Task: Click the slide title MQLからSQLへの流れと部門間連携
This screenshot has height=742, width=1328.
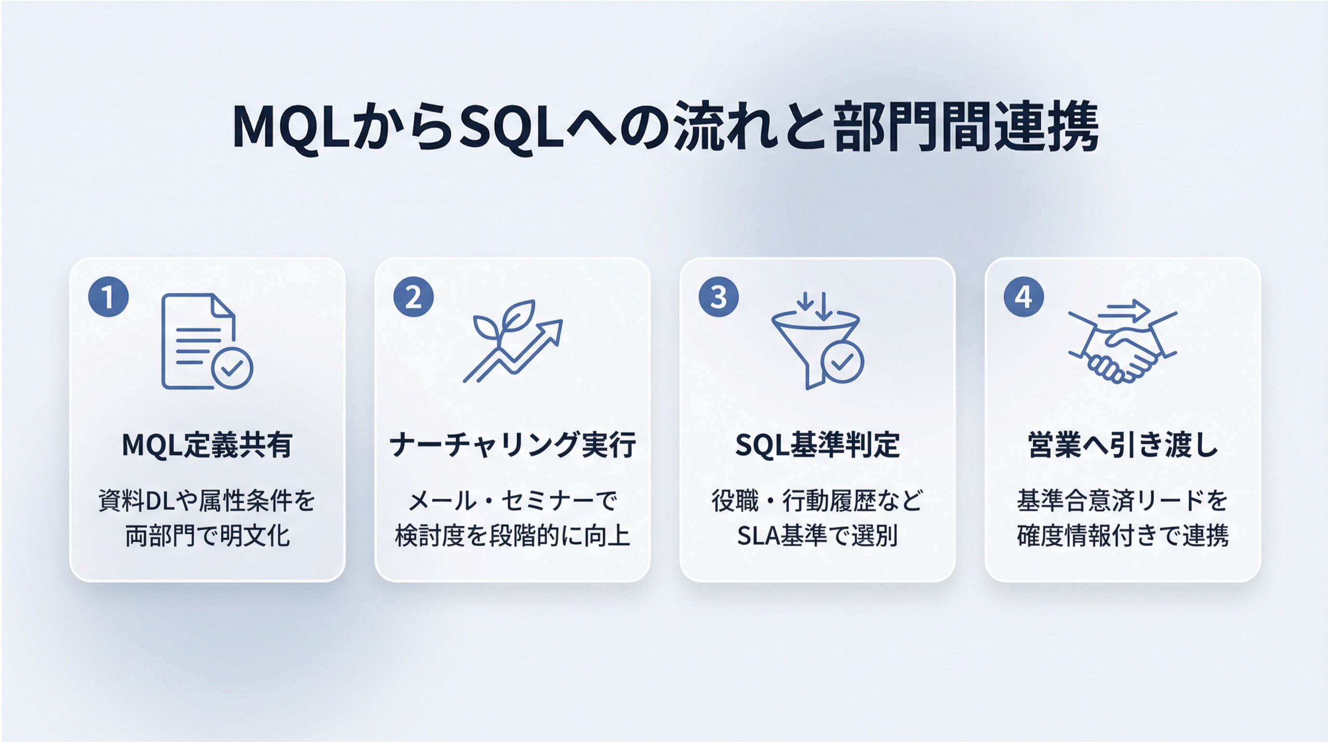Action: click(x=665, y=127)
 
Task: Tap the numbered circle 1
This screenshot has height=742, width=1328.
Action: click(x=108, y=297)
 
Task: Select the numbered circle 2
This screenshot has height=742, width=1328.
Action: click(x=414, y=297)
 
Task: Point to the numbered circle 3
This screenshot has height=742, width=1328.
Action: click(x=719, y=297)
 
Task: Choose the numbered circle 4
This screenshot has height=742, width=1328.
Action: click(x=1024, y=297)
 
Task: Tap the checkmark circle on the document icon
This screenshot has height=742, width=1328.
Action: click(x=232, y=369)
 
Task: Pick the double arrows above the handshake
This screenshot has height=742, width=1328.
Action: click(x=1124, y=311)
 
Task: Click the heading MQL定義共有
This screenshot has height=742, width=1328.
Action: click(x=207, y=445)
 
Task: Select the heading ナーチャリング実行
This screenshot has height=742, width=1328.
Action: click(x=512, y=445)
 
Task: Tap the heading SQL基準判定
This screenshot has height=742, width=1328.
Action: click(x=818, y=445)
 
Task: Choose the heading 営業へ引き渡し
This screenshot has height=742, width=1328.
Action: click(x=1123, y=445)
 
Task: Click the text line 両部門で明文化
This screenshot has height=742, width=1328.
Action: click(x=207, y=536)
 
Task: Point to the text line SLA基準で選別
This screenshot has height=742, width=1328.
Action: click(x=818, y=536)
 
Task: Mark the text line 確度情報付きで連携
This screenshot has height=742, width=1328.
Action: click(x=1123, y=536)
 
